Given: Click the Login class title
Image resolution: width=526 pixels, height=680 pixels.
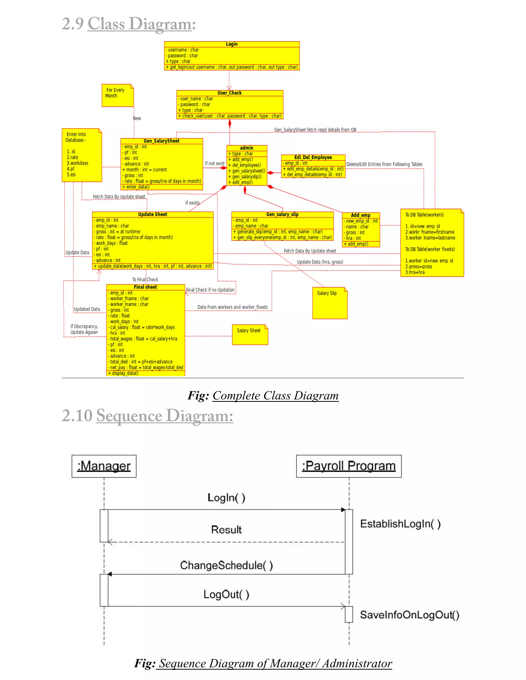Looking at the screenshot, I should coord(231,44).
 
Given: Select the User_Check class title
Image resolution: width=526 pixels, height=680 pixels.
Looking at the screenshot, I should coord(229,93).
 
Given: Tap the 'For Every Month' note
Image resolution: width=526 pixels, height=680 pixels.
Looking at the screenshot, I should coord(117,95).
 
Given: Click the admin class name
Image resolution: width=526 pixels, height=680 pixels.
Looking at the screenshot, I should coord(247,148).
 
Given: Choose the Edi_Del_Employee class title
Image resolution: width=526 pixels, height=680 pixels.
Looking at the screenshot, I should coord(313,157).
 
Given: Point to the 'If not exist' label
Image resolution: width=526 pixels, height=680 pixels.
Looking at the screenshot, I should coord(214,163).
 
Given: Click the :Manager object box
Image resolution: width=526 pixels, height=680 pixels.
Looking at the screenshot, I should coord(104,466).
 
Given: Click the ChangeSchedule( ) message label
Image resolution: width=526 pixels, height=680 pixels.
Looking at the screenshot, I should coord(226,565).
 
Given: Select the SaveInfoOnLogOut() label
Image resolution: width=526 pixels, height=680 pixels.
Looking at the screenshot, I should coord(409,615).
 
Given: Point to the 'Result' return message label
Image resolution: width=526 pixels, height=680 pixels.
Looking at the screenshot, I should coord(226,530).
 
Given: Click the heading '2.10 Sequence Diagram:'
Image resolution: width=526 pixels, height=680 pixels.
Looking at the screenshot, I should coord(147,416).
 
